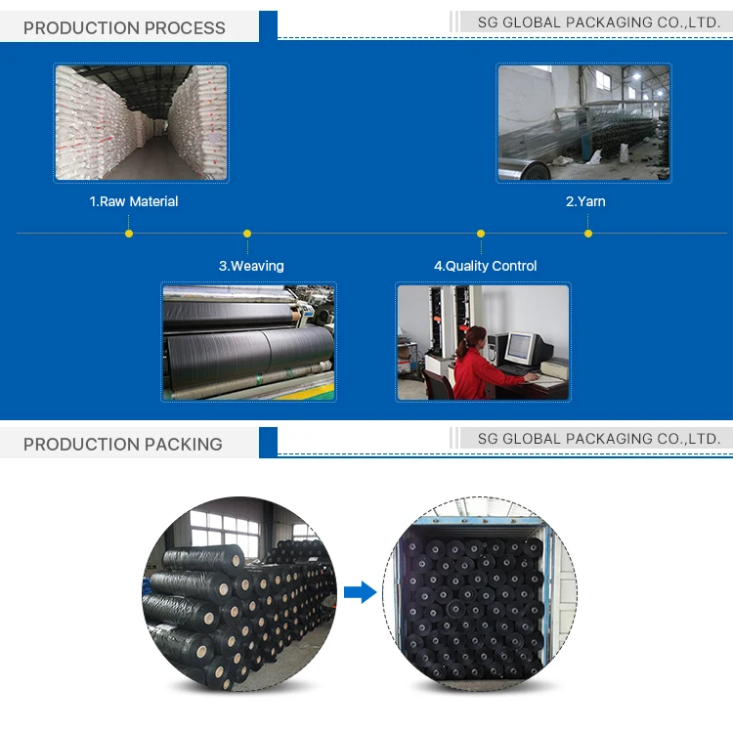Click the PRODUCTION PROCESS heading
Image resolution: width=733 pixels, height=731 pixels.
124,27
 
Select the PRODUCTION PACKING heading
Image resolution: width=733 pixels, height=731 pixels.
123,444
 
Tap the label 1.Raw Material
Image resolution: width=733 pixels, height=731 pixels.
134,201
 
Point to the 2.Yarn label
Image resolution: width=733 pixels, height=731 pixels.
585,201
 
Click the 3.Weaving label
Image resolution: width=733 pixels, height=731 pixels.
251,266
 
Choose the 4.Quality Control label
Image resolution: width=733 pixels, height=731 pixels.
486,266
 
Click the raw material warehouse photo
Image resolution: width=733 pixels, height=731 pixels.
141,123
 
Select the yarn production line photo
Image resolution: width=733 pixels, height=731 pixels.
583,123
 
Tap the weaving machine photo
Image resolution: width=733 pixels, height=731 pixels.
248,342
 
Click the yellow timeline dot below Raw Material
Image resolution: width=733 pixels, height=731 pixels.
129,234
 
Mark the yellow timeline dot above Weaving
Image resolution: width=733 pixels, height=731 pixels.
247,234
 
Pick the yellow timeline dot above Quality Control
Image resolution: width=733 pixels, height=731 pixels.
481,234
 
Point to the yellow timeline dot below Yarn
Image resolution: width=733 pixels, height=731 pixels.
588,234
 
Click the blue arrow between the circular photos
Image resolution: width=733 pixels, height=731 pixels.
361,592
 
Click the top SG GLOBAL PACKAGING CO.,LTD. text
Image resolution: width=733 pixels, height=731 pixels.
599,22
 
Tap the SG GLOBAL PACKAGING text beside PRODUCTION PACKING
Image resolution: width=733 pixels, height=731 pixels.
599,439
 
